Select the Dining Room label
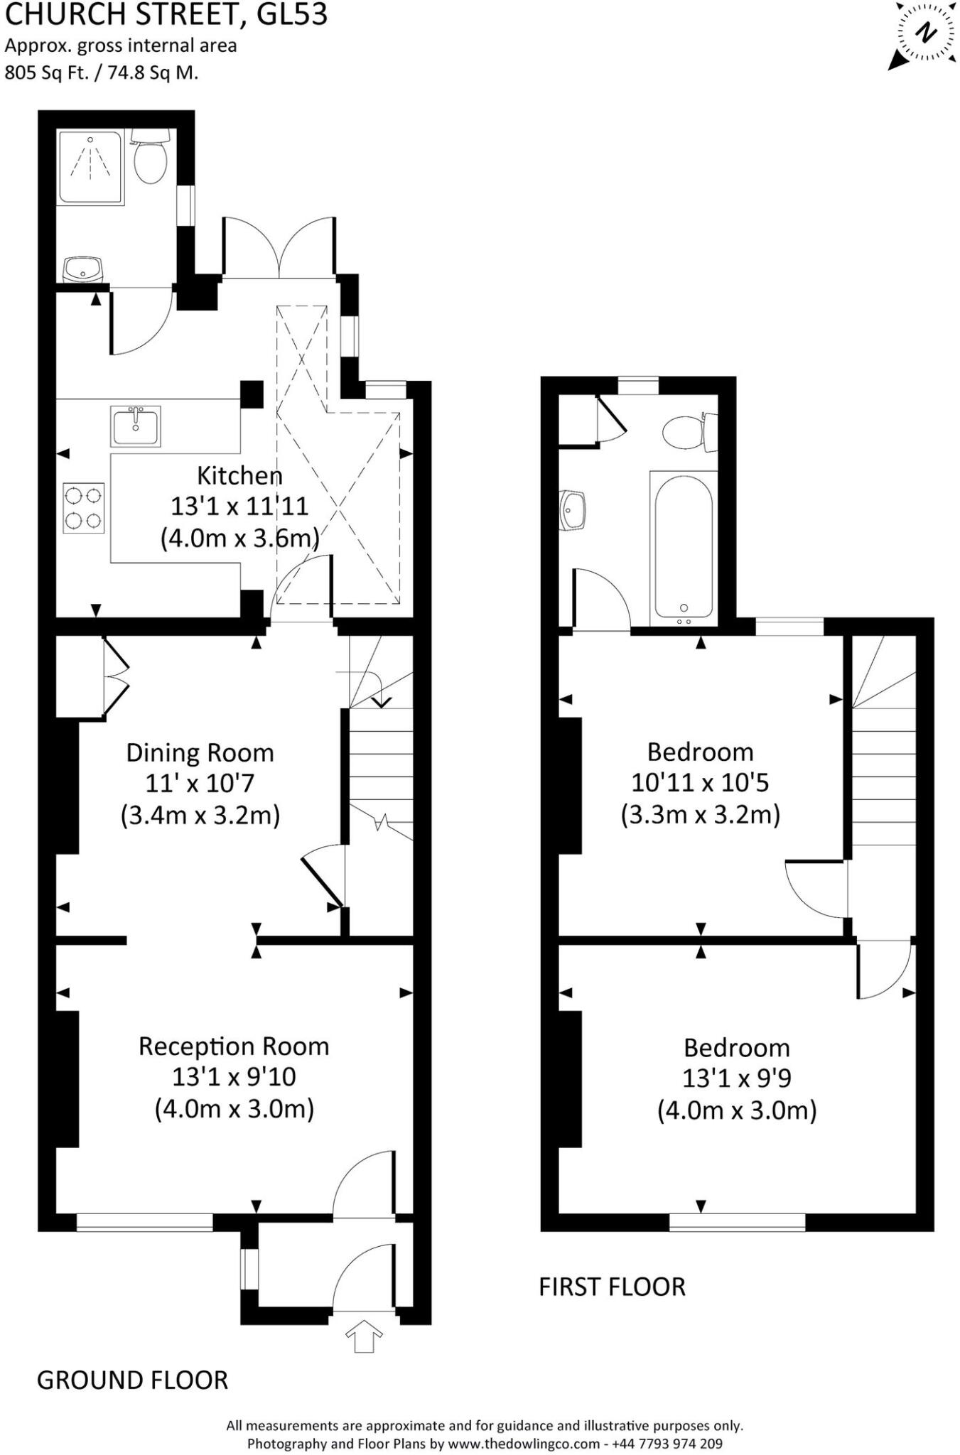coord(200,752)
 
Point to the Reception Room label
coord(234,1046)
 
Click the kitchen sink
coord(136,426)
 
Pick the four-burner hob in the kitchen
coord(84,508)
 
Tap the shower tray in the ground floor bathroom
coord(91,166)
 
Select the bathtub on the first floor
coord(683,546)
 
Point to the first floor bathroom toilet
coord(684,431)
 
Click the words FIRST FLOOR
coord(612,1287)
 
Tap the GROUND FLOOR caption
coord(132,1380)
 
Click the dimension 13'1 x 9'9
coord(737,1078)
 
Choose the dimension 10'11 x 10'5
coord(700,783)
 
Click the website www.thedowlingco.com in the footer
coord(524,1444)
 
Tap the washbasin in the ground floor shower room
coord(83,269)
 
